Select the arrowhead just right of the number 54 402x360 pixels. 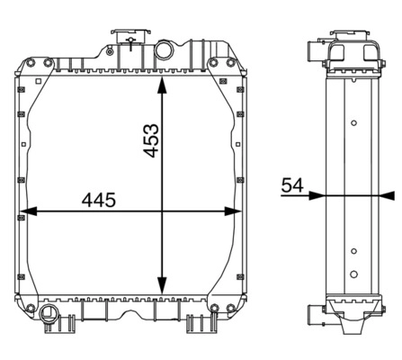[x=317, y=194]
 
